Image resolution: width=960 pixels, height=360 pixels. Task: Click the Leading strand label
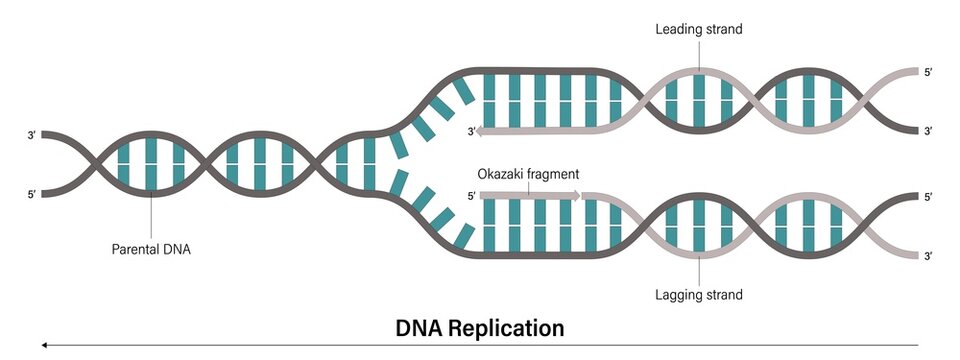pos(698,29)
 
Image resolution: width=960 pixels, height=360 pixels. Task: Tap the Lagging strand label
pos(699,295)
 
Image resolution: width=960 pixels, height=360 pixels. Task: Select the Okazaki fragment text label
pos(529,173)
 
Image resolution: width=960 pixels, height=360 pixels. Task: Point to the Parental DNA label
pos(150,250)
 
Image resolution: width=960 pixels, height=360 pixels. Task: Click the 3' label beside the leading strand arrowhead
pos(470,131)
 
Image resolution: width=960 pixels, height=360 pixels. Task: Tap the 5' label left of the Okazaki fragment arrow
pos(470,197)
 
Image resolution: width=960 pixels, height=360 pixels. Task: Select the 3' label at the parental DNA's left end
pos(32,134)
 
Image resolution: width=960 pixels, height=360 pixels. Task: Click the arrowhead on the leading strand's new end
pos(484,131)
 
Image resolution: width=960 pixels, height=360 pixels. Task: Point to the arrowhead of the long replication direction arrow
pos(44,345)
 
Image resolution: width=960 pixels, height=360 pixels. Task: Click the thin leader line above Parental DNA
pos(151,215)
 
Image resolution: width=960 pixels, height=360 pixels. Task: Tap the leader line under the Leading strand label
pos(699,55)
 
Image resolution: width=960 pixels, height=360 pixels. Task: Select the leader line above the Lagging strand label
pos(699,265)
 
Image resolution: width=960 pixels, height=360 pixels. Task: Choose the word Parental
pos(135,250)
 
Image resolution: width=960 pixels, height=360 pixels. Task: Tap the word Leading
pos(678,29)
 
